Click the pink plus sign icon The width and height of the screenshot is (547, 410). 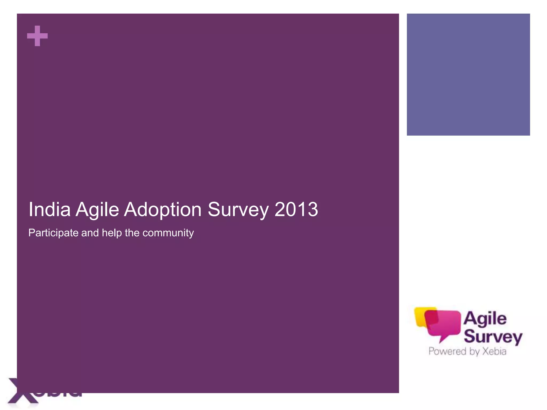pyautogui.click(x=37, y=36)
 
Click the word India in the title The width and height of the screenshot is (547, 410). pyautogui.click(x=49, y=210)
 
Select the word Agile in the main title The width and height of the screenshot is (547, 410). pyautogui.click(x=97, y=210)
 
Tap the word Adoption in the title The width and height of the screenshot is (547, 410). pyautogui.click(x=163, y=210)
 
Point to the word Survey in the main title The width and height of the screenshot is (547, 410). pyautogui.click(x=238, y=210)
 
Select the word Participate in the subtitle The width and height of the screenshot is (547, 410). pyautogui.click(x=53, y=233)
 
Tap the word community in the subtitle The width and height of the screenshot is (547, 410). pyautogui.click(x=168, y=233)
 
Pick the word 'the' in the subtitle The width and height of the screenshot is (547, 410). pyautogui.click(x=132, y=232)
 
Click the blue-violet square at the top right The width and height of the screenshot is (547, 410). pyautogui.click(x=468, y=74)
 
